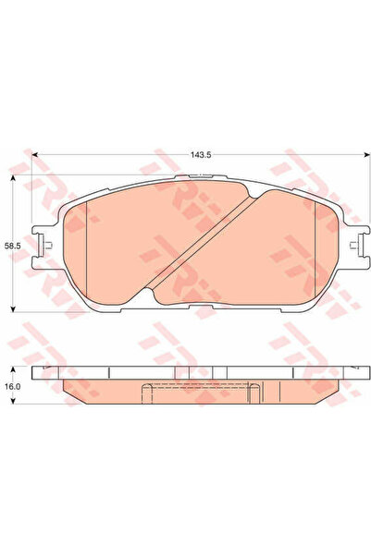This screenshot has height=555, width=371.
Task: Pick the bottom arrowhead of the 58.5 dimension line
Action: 12,307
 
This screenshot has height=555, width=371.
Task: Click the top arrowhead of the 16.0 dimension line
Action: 12,368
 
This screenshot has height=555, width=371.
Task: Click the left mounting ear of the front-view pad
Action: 41,242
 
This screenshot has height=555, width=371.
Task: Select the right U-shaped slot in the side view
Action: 250,392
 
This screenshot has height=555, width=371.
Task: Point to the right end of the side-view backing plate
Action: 355,372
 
